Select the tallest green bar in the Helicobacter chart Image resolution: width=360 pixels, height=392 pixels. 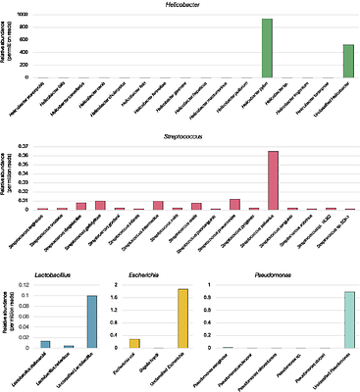tap(268, 49)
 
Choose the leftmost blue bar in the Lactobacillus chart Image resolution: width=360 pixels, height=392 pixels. tap(45, 344)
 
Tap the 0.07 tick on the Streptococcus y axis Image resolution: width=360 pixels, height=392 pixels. tap(23, 146)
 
